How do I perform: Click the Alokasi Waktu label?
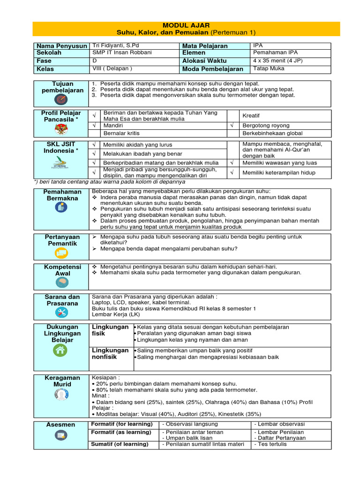(x=204, y=61)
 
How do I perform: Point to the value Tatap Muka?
(x=268, y=68)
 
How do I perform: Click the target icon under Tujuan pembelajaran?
(x=61, y=99)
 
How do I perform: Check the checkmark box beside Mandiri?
(x=94, y=126)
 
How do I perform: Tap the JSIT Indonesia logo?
(x=59, y=165)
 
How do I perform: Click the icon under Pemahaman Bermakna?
(x=61, y=208)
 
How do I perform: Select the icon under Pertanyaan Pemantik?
(x=61, y=253)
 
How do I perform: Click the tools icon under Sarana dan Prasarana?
(x=61, y=313)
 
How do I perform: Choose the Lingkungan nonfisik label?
(x=110, y=353)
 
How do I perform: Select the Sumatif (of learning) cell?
(x=120, y=444)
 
